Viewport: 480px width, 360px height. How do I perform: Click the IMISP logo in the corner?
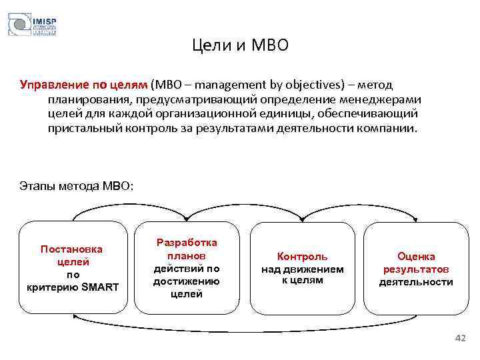31,24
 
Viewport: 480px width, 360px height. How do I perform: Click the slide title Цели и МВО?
240,45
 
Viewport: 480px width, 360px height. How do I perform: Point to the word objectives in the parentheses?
321,85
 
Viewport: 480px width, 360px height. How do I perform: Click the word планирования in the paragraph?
88,99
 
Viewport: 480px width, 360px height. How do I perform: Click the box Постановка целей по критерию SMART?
73,267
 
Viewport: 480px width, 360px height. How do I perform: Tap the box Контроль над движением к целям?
302,267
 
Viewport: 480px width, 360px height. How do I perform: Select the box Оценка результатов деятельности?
416,267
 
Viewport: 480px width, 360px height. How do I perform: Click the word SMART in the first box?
99,287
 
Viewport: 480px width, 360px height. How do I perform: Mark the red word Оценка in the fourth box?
416,257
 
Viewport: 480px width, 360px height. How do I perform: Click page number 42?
459,339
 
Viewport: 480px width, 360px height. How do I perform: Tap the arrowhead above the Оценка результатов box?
417,218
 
